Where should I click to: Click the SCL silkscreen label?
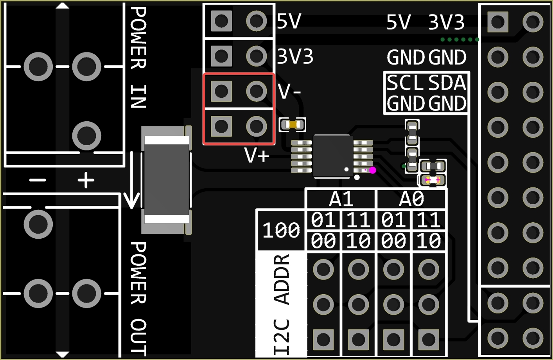point(405,83)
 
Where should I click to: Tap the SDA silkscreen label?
point(447,83)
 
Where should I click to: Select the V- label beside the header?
point(289,92)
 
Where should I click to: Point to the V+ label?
point(257,155)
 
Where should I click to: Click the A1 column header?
point(341,199)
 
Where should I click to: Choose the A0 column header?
point(411,199)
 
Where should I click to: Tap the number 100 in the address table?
point(281,230)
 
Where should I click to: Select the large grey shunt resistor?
point(167,180)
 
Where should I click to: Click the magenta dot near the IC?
point(372,170)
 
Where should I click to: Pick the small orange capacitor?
point(293,125)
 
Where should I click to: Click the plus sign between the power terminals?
point(86,180)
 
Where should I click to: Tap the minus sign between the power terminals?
point(38,180)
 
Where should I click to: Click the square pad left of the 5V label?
point(221,21)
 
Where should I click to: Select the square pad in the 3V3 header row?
point(221,56)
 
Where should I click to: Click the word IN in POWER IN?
point(138,96)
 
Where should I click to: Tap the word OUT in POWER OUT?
point(138,337)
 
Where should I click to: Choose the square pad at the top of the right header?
point(497,22)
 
